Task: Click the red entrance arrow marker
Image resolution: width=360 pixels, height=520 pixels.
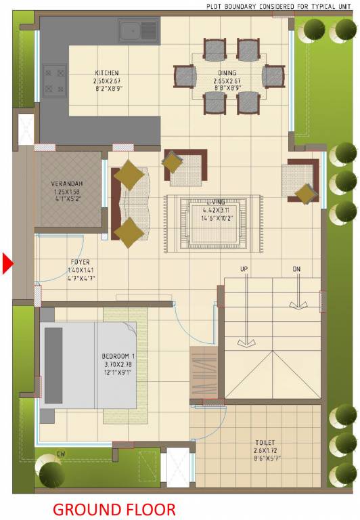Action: coord(7,263)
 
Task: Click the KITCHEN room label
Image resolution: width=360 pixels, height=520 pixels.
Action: coord(107,73)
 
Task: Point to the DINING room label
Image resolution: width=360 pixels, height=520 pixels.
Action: coord(227,73)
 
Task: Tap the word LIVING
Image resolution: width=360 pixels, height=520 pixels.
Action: coord(216,202)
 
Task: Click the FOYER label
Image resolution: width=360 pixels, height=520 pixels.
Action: coord(80,262)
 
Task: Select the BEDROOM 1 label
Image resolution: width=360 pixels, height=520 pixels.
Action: coord(119,356)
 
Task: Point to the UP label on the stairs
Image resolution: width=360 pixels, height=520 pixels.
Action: coord(244,269)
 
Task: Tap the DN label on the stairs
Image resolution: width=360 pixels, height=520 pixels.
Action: coord(296,269)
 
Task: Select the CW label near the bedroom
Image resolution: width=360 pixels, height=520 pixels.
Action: coord(61,454)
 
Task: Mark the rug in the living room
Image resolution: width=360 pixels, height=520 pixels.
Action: coord(213,225)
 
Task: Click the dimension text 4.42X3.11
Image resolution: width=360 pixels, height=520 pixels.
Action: coord(216,210)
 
